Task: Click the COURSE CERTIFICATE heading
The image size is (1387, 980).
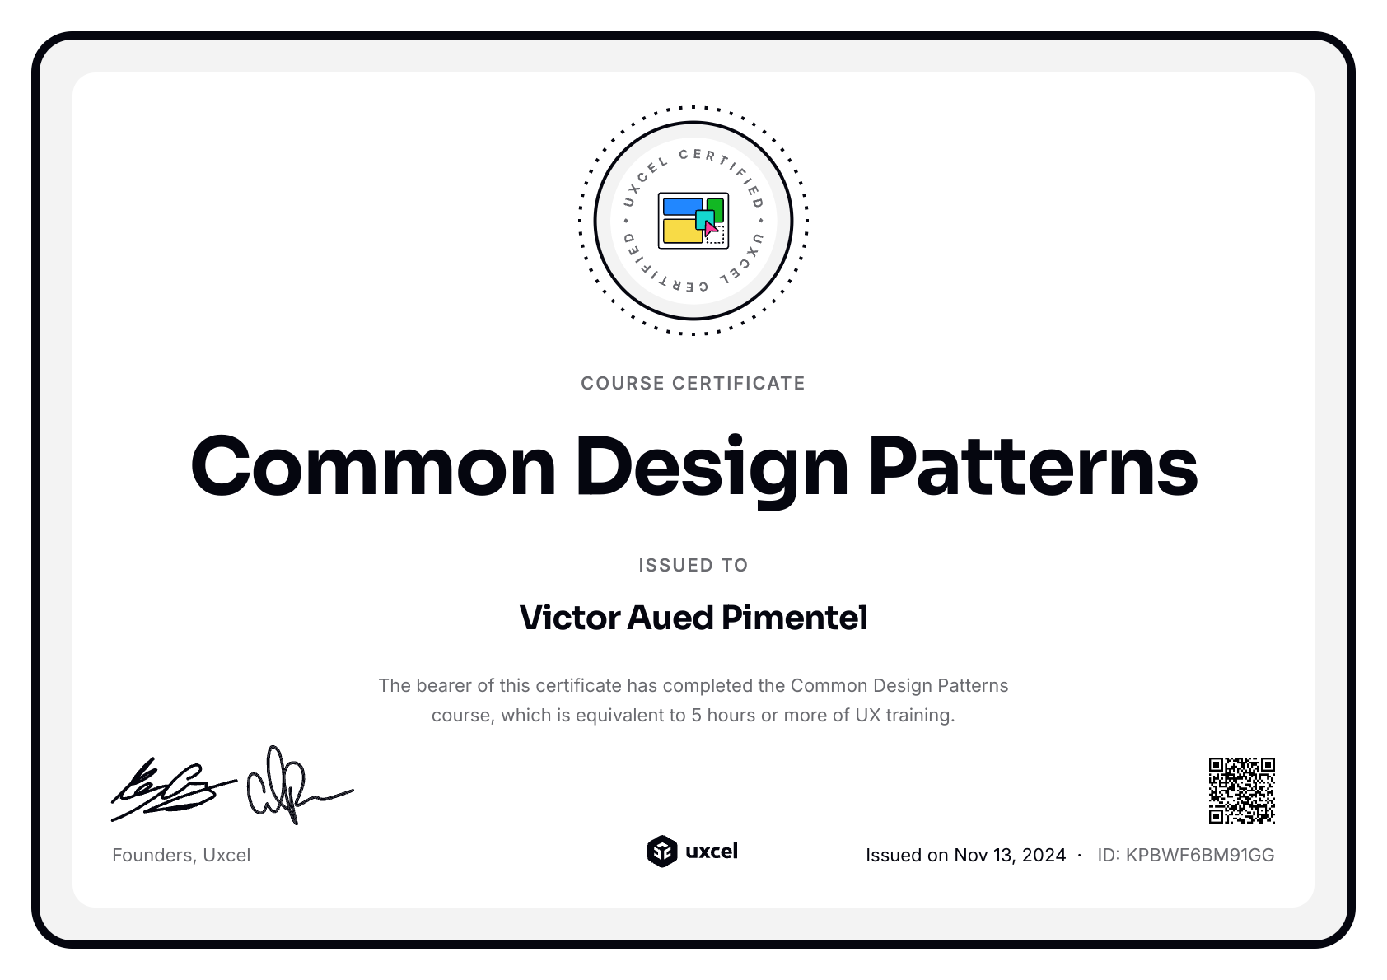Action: click(x=693, y=383)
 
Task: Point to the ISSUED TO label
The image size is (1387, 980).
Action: click(x=693, y=565)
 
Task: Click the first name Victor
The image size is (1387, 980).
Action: click(x=570, y=617)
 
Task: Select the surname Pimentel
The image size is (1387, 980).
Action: click(x=795, y=617)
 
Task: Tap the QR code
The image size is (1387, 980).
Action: click(x=1241, y=790)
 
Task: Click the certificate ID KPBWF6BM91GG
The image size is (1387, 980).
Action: click(x=1199, y=855)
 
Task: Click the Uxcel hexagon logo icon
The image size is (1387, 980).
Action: click(x=662, y=852)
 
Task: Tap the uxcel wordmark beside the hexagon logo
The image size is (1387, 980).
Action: click(x=712, y=852)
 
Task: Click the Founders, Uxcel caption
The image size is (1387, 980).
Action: click(x=181, y=855)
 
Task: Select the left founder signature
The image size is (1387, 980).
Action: click(x=173, y=789)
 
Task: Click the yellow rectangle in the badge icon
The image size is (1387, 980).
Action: click(x=683, y=231)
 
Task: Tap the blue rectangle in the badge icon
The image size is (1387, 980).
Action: click(x=682, y=206)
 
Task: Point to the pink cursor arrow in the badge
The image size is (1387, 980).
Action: click(x=711, y=228)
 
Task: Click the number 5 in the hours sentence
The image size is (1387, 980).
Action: click(x=696, y=715)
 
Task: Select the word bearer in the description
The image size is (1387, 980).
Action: click(x=439, y=685)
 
